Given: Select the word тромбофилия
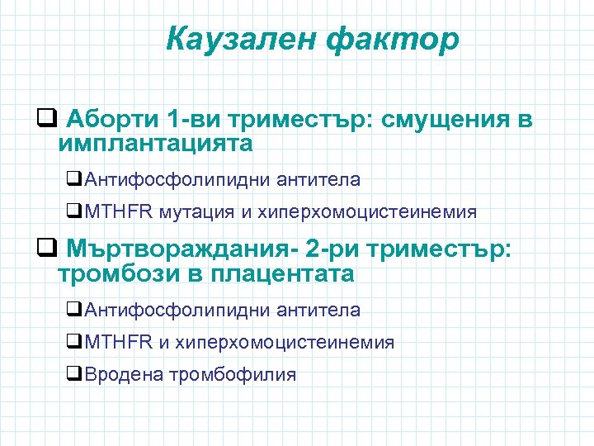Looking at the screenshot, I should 232,374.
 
